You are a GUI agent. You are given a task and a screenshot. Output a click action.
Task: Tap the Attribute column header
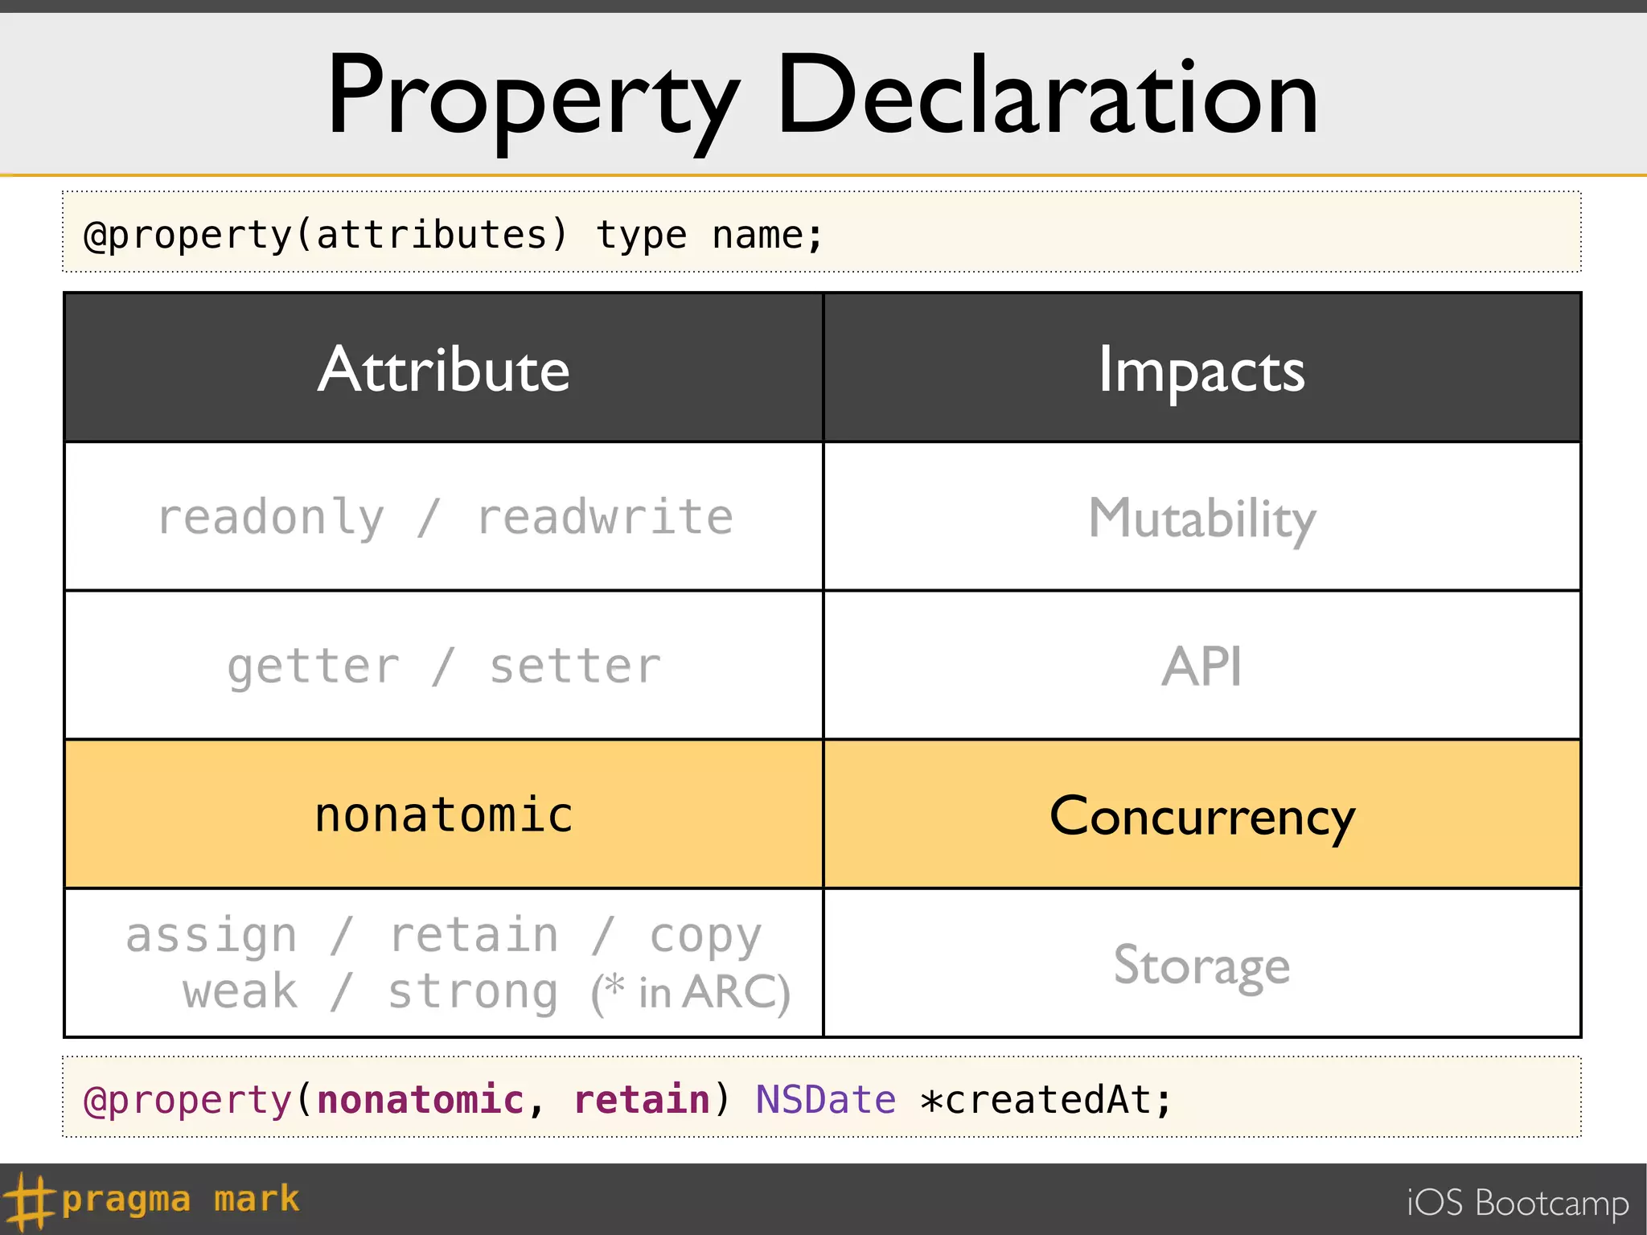(444, 370)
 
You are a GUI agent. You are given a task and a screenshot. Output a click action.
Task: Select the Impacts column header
(1201, 370)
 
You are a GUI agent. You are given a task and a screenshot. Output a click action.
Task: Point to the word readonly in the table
(271, 518)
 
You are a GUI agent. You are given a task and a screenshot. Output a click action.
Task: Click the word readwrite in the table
(605, 518)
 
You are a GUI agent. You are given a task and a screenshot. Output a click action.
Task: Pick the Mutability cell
(1201, 518)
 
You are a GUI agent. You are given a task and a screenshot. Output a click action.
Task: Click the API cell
(1201, 667)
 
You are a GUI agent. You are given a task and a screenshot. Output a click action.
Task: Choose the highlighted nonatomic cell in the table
(444, 814)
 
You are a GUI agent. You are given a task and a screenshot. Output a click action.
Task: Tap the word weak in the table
(240, 991)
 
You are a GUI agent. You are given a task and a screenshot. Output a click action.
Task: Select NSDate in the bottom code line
(825, 1099)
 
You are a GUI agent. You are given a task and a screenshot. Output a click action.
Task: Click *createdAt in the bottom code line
(1045, 1099)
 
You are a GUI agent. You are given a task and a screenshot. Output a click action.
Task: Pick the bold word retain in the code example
(642, 1099)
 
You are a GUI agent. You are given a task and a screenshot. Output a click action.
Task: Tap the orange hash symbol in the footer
(29, 1200)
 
